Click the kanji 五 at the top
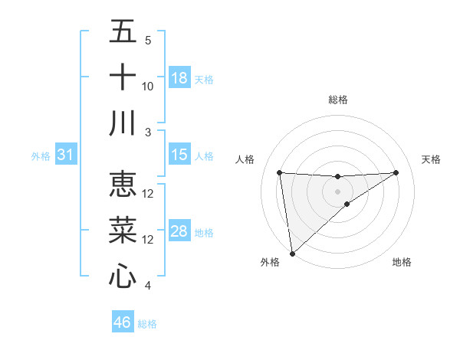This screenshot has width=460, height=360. pyautogui.click(x=123, y=32)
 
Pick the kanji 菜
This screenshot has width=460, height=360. pyautogui.click(x=123, y=230)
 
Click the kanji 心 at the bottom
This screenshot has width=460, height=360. pyautogui.click(x=123, y=276)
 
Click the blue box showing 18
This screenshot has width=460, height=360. pyautogui.click(x=179, y=78)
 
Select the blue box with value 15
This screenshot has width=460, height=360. pyautogui.click(x=179, y=155)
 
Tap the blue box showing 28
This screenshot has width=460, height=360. pyautogui.click(x=179, y=231)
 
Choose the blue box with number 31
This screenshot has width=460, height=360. pyautogui.click(x=66, y=155)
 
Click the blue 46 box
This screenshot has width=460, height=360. pyautogui.click(x=123, y=322)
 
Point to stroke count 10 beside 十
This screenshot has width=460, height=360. pyautogui.click(x=148, y=86)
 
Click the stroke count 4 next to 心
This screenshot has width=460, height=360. pyautogui.click(x=147, y=286)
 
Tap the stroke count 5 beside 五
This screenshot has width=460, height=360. pyautogui.click(x=147, y=41)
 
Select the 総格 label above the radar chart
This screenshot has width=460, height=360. pyautogui.click(x=338, y=100)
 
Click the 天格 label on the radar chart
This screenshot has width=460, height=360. pyautogui.click(x=432, y=159)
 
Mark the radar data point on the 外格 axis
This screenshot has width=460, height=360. pyautogui.click(x=292, y=253)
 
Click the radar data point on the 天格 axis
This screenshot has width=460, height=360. pyautogui.click(x=396, y=172)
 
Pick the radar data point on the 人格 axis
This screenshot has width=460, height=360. pyautogui.click(x=280, y=172)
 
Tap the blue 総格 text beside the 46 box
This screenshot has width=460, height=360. pyautogui.click(x=147, y=324)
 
